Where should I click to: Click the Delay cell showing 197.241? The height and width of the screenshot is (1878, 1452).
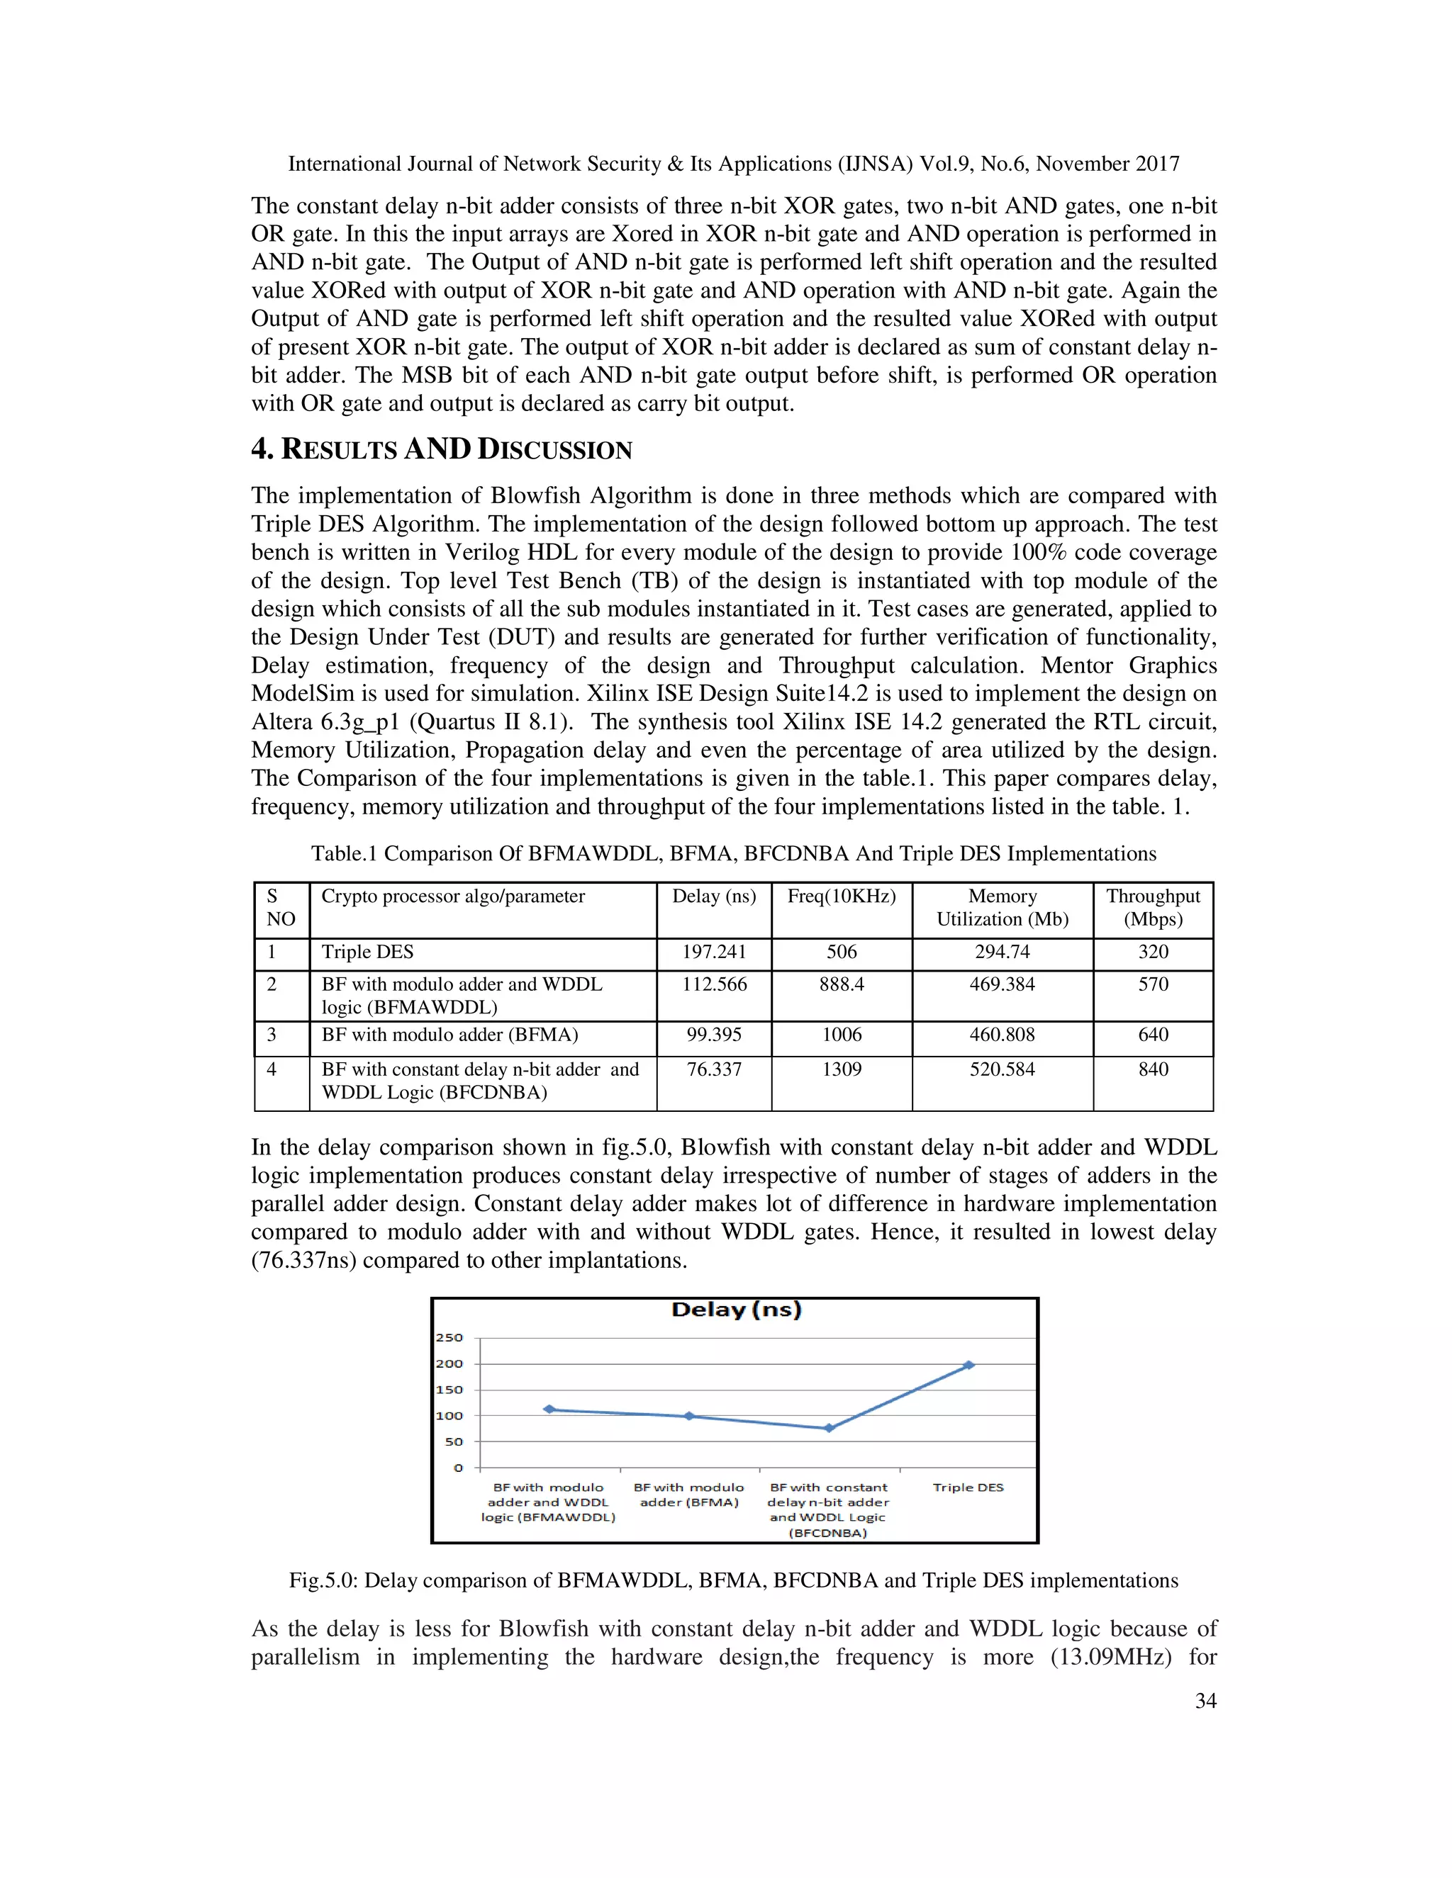714,952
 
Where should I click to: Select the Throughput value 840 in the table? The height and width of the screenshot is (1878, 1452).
1153,1069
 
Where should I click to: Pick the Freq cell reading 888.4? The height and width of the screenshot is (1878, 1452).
842,984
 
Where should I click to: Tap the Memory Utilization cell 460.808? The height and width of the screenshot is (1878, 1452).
1002,1035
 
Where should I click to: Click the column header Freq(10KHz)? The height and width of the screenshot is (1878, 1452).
842,896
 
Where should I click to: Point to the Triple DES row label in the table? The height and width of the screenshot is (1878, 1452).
367,952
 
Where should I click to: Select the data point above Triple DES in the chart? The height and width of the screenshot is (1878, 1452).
968,1365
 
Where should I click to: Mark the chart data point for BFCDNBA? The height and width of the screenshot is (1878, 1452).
828,1428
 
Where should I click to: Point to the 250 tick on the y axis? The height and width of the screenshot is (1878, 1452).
449,1338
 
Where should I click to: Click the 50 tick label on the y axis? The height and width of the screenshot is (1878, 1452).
453,1441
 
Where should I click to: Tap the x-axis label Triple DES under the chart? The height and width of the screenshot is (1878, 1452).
968,1488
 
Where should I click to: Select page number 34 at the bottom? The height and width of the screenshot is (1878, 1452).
1205,1701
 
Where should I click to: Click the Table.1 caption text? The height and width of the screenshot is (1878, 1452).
733,854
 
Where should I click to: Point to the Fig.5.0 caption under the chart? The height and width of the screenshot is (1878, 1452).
733,1580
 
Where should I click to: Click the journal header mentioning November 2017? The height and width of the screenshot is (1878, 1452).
733,164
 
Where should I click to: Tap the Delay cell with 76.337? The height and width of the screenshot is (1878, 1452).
714,1069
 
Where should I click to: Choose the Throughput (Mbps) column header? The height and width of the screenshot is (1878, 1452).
1153,907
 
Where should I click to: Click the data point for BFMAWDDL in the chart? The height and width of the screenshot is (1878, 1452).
549,1410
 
